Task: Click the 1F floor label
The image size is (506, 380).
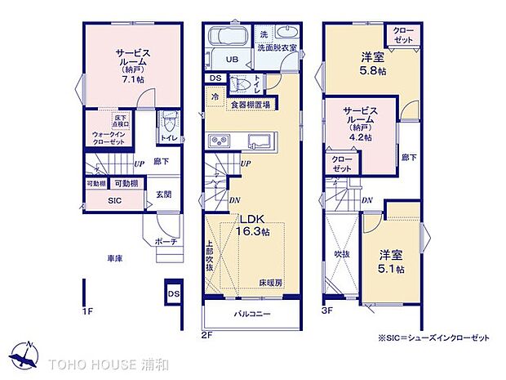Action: tap(87, 311)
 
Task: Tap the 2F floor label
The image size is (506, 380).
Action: tap(207, 335)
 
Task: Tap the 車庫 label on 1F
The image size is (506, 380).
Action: tap(113, 258)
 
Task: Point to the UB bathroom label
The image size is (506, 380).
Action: tap(232, 60)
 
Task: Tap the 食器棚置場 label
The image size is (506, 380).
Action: tap(248, 105)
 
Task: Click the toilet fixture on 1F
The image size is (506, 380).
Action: tap(168, 123)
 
